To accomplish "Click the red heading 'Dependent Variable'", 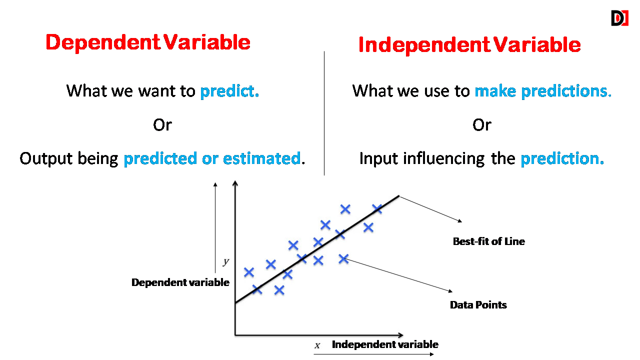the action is (x=148, y=42).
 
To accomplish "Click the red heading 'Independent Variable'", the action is (x=469, y=45).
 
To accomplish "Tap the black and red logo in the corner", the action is (x=619, y=18).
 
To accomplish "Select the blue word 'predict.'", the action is (x=229, y=91).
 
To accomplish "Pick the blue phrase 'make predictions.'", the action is (x=543, y=91).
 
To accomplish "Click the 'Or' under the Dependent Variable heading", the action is (x=162, y=125).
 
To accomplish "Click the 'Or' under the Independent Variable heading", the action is (x=481, y=125).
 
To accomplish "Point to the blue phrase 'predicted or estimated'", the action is (x=212, y=158).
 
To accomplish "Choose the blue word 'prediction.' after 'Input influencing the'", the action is (x=562, y=158).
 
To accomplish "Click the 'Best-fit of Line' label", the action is (x=489, y=241).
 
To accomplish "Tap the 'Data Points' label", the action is (x=478, y=305).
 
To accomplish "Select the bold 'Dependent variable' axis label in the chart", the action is (x=180, y=282).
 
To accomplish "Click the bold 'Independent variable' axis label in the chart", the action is (x=385, y=344).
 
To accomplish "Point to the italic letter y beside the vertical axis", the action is (x=226, y=261).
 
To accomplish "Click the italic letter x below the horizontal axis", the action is (x=317, y=345).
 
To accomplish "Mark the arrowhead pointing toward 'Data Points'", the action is (x=450, y=291).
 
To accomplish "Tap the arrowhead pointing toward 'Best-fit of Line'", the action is (x=460, y=220).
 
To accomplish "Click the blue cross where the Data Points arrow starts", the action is (x=343, y=259).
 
